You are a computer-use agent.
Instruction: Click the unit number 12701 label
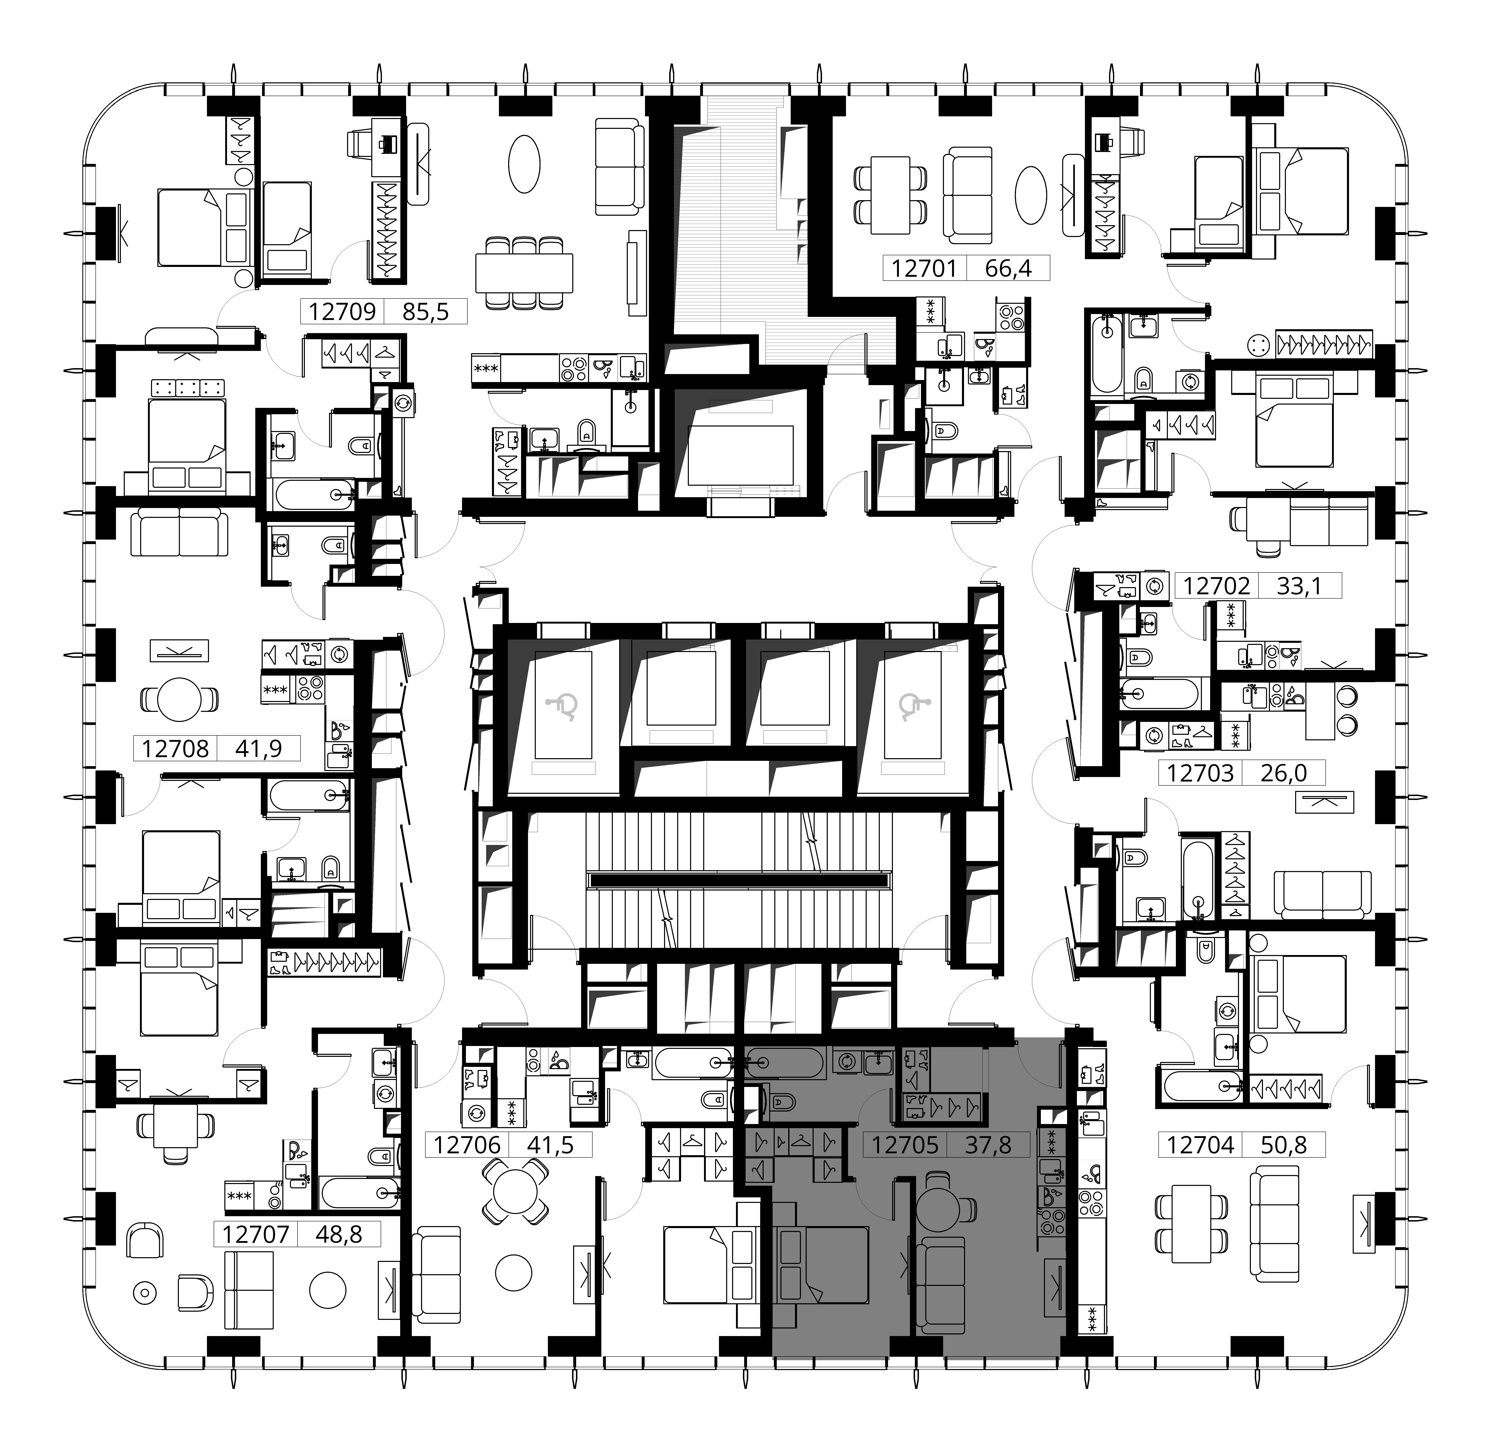click(924, 268)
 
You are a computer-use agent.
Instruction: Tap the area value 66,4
click(1008, 268)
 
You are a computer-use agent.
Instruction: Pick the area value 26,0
click(1284, 773)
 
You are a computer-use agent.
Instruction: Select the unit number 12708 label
click(175, 748)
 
